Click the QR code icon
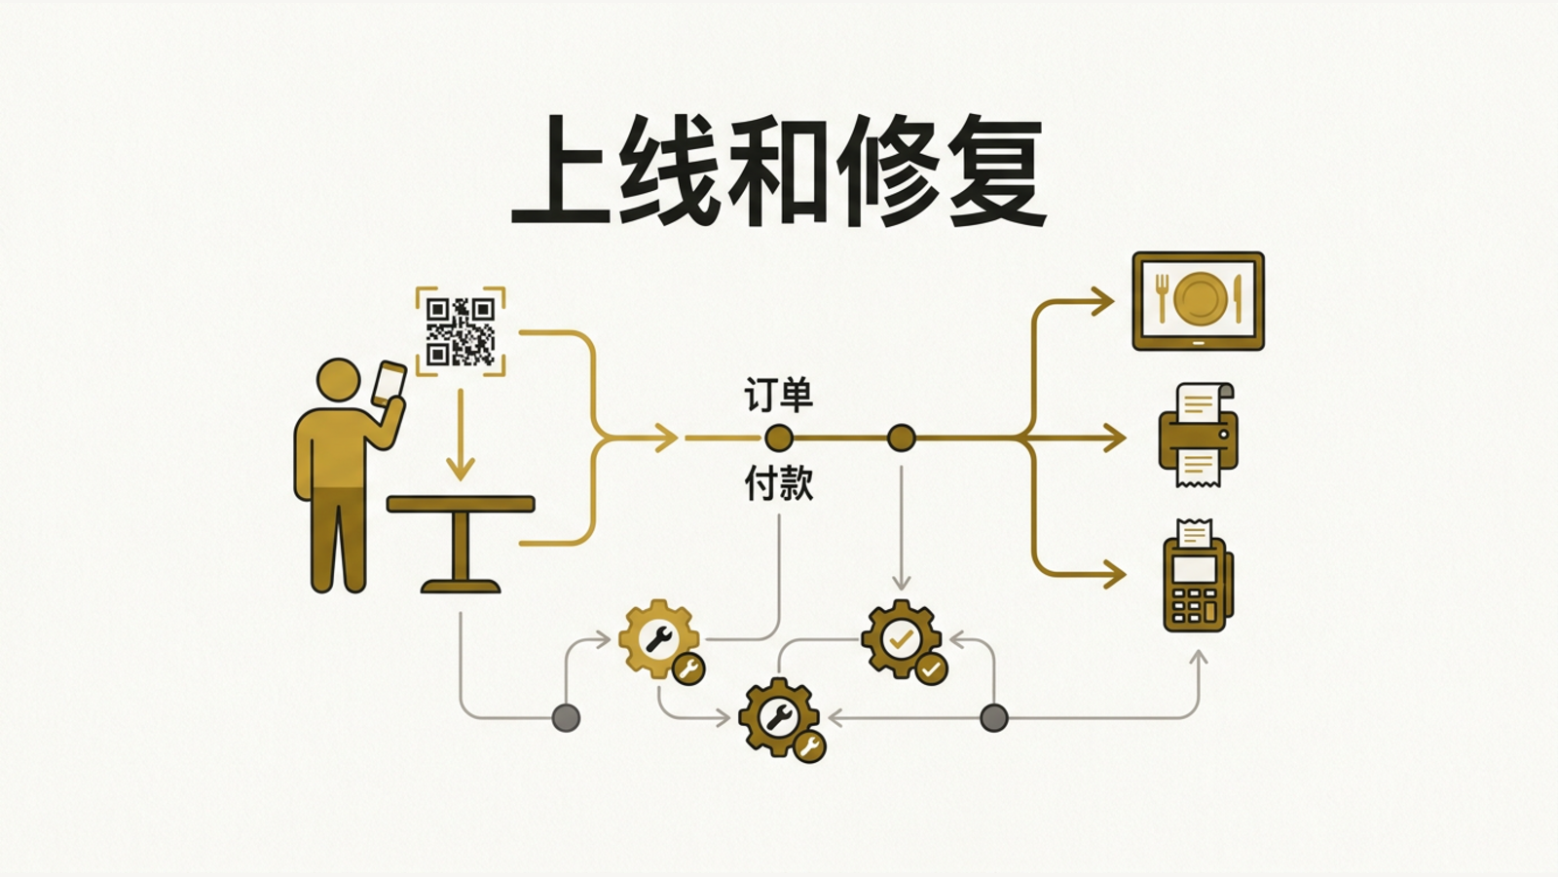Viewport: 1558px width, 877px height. pyautogui.click(x=461, y=331)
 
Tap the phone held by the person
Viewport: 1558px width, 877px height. pyautogui.click(x=389, y=384)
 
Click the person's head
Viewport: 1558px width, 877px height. pyautogui.click(x=339, y=380)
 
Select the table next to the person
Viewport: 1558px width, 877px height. pyautogui.click(x=461, y=544)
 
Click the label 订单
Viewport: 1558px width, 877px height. pyautogui.click(x=778, y=396)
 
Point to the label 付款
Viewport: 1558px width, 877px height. pyautogui.click(x=778, y=483)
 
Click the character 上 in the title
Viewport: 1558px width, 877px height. pyautogui.click(x=562, y=171)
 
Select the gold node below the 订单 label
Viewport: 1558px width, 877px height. pyautogui.click(x=778, y=438)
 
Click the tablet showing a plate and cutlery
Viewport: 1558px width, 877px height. pyautogui.click(x=1198, y=301)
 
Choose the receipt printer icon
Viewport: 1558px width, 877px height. pyautogui.click(x=1198, y=435)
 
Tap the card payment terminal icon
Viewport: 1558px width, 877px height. pyautogui.click(x=1198, y=576)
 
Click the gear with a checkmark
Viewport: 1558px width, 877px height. pyautogui.click(x=902, y=639)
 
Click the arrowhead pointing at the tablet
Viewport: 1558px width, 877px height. pyautogui.click(x=1102, y=301)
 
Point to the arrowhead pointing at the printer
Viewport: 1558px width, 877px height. pyautogui.click(x=1114, y=438)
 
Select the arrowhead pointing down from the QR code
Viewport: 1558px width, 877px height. pyautogui.click(x=460, y=468)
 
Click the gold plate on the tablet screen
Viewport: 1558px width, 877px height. pyautogui.click(x=1199, y=298)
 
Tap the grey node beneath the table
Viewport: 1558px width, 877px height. pyautogui.click(x=566, y=717)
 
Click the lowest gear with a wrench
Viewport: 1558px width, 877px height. pyautogui.click(x=780, y=717)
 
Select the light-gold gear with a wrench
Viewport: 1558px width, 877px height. pyautogui.click(x=659, y=639)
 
